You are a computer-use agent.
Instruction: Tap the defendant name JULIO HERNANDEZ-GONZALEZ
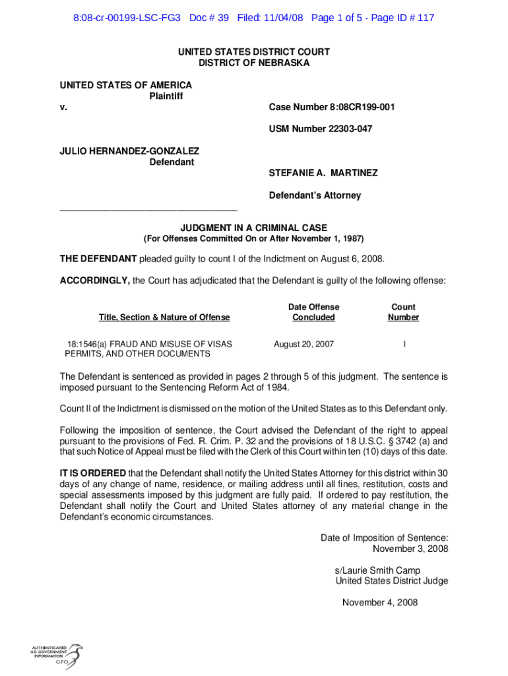pos(129,151)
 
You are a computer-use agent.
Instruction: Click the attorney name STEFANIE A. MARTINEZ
pos(323,173)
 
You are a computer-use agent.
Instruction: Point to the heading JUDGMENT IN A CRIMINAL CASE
pos(254,228)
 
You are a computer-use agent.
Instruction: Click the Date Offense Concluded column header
pos(313,312)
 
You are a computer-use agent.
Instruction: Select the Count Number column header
pos(403,312)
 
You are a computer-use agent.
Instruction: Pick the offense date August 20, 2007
pos(304,344)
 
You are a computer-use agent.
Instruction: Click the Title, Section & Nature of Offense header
pos(164,318)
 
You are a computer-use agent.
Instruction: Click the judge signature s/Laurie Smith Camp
pos(377,570)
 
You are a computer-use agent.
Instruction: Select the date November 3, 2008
pos(410,549)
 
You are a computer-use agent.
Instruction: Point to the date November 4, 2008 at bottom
pos(379,602)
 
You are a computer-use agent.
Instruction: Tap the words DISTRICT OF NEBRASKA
pos(254,63)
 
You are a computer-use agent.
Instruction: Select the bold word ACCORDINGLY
pos(95,281)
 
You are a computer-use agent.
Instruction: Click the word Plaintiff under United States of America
pos(166,96)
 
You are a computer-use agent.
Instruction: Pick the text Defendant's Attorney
pos(315,195)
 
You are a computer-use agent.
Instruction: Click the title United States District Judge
pos(392,581)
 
